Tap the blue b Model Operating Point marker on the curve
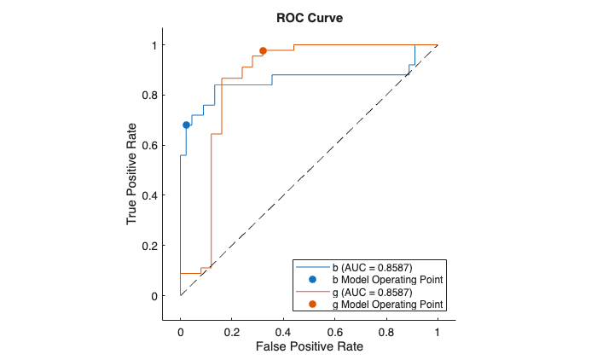point(187,125)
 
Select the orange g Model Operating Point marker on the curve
point(263,51)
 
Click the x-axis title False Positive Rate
point(308,346)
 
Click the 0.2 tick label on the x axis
point(232,329)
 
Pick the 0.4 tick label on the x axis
point(283,329)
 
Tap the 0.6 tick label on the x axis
point(334,329)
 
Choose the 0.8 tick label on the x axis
point(386,329)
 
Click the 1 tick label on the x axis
point(438,329)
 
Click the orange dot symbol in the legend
point(312,304)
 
